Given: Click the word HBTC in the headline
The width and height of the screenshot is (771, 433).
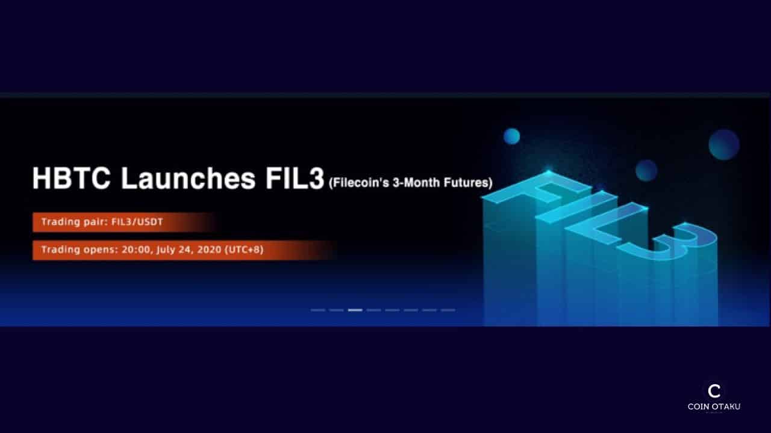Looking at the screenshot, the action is click(x=72, y=178).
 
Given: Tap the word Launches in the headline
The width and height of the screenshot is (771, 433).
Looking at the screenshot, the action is click(x=189, y=178).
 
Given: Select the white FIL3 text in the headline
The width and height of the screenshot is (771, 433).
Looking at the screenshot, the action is click(x=295, y=178).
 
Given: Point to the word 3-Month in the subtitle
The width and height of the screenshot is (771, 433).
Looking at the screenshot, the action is click(x=416, y=182).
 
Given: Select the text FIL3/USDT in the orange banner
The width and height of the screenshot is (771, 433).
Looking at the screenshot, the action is click(x=137, y=222).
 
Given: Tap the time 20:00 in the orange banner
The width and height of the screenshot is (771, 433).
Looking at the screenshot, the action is click(x=136, y=250).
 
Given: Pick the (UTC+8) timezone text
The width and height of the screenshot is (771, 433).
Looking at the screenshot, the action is click(x=244, y=250).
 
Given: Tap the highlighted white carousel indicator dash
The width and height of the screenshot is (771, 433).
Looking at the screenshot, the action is click(x=355, y=310).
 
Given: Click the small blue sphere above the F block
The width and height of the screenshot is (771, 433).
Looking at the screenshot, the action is click(x=512, y=137).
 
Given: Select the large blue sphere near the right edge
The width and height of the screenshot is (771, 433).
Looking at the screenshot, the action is click(x=724, y=145).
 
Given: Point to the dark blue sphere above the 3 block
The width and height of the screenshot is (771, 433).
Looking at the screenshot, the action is click(x=646, y=170).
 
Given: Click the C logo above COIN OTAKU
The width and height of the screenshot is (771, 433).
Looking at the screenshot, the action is click(x=714, y=391).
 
